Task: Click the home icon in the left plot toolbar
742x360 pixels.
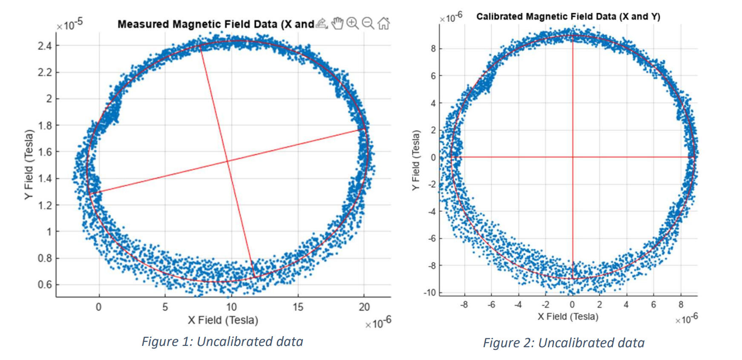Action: coord(383,23)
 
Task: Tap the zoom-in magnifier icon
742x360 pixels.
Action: coord(352,23)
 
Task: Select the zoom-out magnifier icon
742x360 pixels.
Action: coord(368,23)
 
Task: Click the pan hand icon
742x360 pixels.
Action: coord(337,23)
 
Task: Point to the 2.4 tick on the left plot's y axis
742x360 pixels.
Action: coord(45,46)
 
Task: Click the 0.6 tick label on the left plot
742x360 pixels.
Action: coord(45,285)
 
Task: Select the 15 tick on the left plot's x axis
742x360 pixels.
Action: coord(298,307)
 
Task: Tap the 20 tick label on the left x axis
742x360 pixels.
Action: coord(364,307)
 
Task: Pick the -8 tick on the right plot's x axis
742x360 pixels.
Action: coord(464,305)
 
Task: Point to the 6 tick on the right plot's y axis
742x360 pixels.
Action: coord(433,76)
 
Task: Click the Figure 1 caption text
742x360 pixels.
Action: coord(222,342)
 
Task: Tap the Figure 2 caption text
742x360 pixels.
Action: coord(563,343)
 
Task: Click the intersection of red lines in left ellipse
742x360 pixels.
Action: coord(227,161)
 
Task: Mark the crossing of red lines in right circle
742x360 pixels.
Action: coord(572,157)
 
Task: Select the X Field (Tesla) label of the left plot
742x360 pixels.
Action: coord(223,320)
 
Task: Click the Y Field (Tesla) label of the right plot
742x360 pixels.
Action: coord(416,160)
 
